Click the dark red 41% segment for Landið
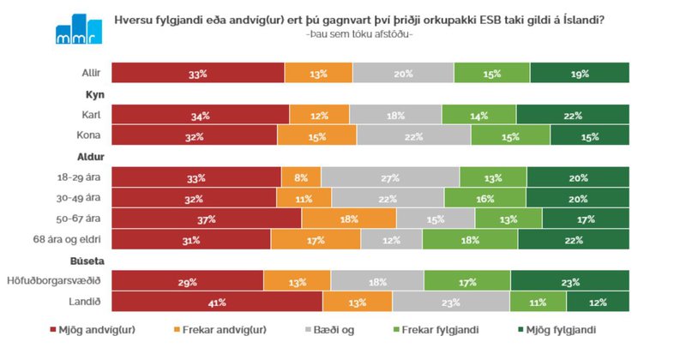(217, 303)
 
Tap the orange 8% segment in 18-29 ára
(301, 177)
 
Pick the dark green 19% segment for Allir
(580, 74)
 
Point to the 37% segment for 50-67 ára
(207, 219)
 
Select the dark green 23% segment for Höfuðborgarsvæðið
(570, 281)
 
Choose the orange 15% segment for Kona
(317, 136)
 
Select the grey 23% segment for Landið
(451, 303)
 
